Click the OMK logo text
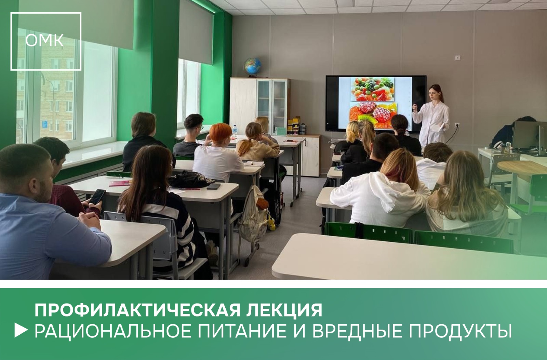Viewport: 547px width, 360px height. click(x=44, y=40)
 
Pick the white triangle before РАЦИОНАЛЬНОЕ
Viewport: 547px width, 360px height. click(x=21, y=331)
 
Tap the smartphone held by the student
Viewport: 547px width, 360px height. click(x=97, y=197)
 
